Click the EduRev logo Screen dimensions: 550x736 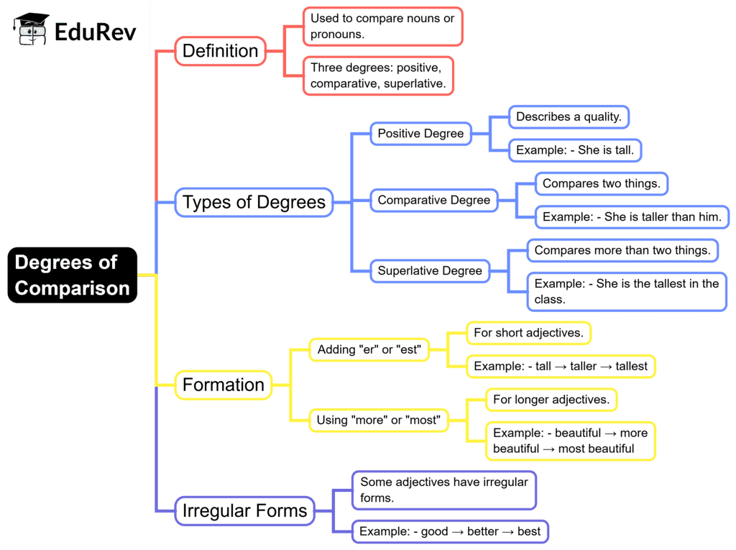(x=75, y=29)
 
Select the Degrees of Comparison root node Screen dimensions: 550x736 (x=72, y=275)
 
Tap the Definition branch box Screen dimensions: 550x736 (x=220, y=51)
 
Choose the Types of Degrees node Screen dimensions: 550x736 (x=254, y=202)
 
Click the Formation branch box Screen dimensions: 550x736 (x=224, y=385)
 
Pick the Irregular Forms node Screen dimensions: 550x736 (x=244, y=511)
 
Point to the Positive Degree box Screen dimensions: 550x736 (x=421, y=134)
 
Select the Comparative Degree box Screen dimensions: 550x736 (x=434, y=200)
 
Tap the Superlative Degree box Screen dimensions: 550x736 (x=430, y=271)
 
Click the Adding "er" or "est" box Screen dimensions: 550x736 (x=369, y=350)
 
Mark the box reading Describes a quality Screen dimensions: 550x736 (x=569, y=116)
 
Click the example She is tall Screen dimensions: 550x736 (x=575, y=150)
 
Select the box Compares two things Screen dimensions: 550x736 (x=602, y=183)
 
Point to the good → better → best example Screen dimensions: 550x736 (x=450, y=532)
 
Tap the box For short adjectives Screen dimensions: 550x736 (x=528, y=333)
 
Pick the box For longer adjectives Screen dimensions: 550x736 (x=551, y=399)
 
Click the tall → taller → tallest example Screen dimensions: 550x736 (x=561, y=366)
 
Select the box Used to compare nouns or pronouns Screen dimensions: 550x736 (x=382, y=26)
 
